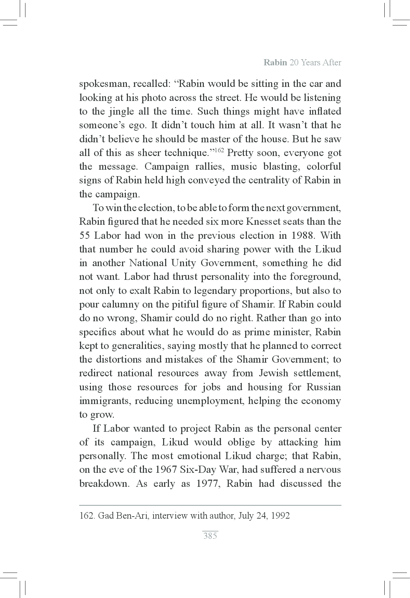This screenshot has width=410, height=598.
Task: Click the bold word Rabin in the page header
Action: pyautogui.click(x=275, y=63)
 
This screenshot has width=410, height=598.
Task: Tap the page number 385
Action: pyautogui.click(x=210, y=536)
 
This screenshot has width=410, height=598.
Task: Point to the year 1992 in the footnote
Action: pyautogui.click(x=280, y=516)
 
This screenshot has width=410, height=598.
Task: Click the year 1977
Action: pyautogui.click(x=208, y=484)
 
